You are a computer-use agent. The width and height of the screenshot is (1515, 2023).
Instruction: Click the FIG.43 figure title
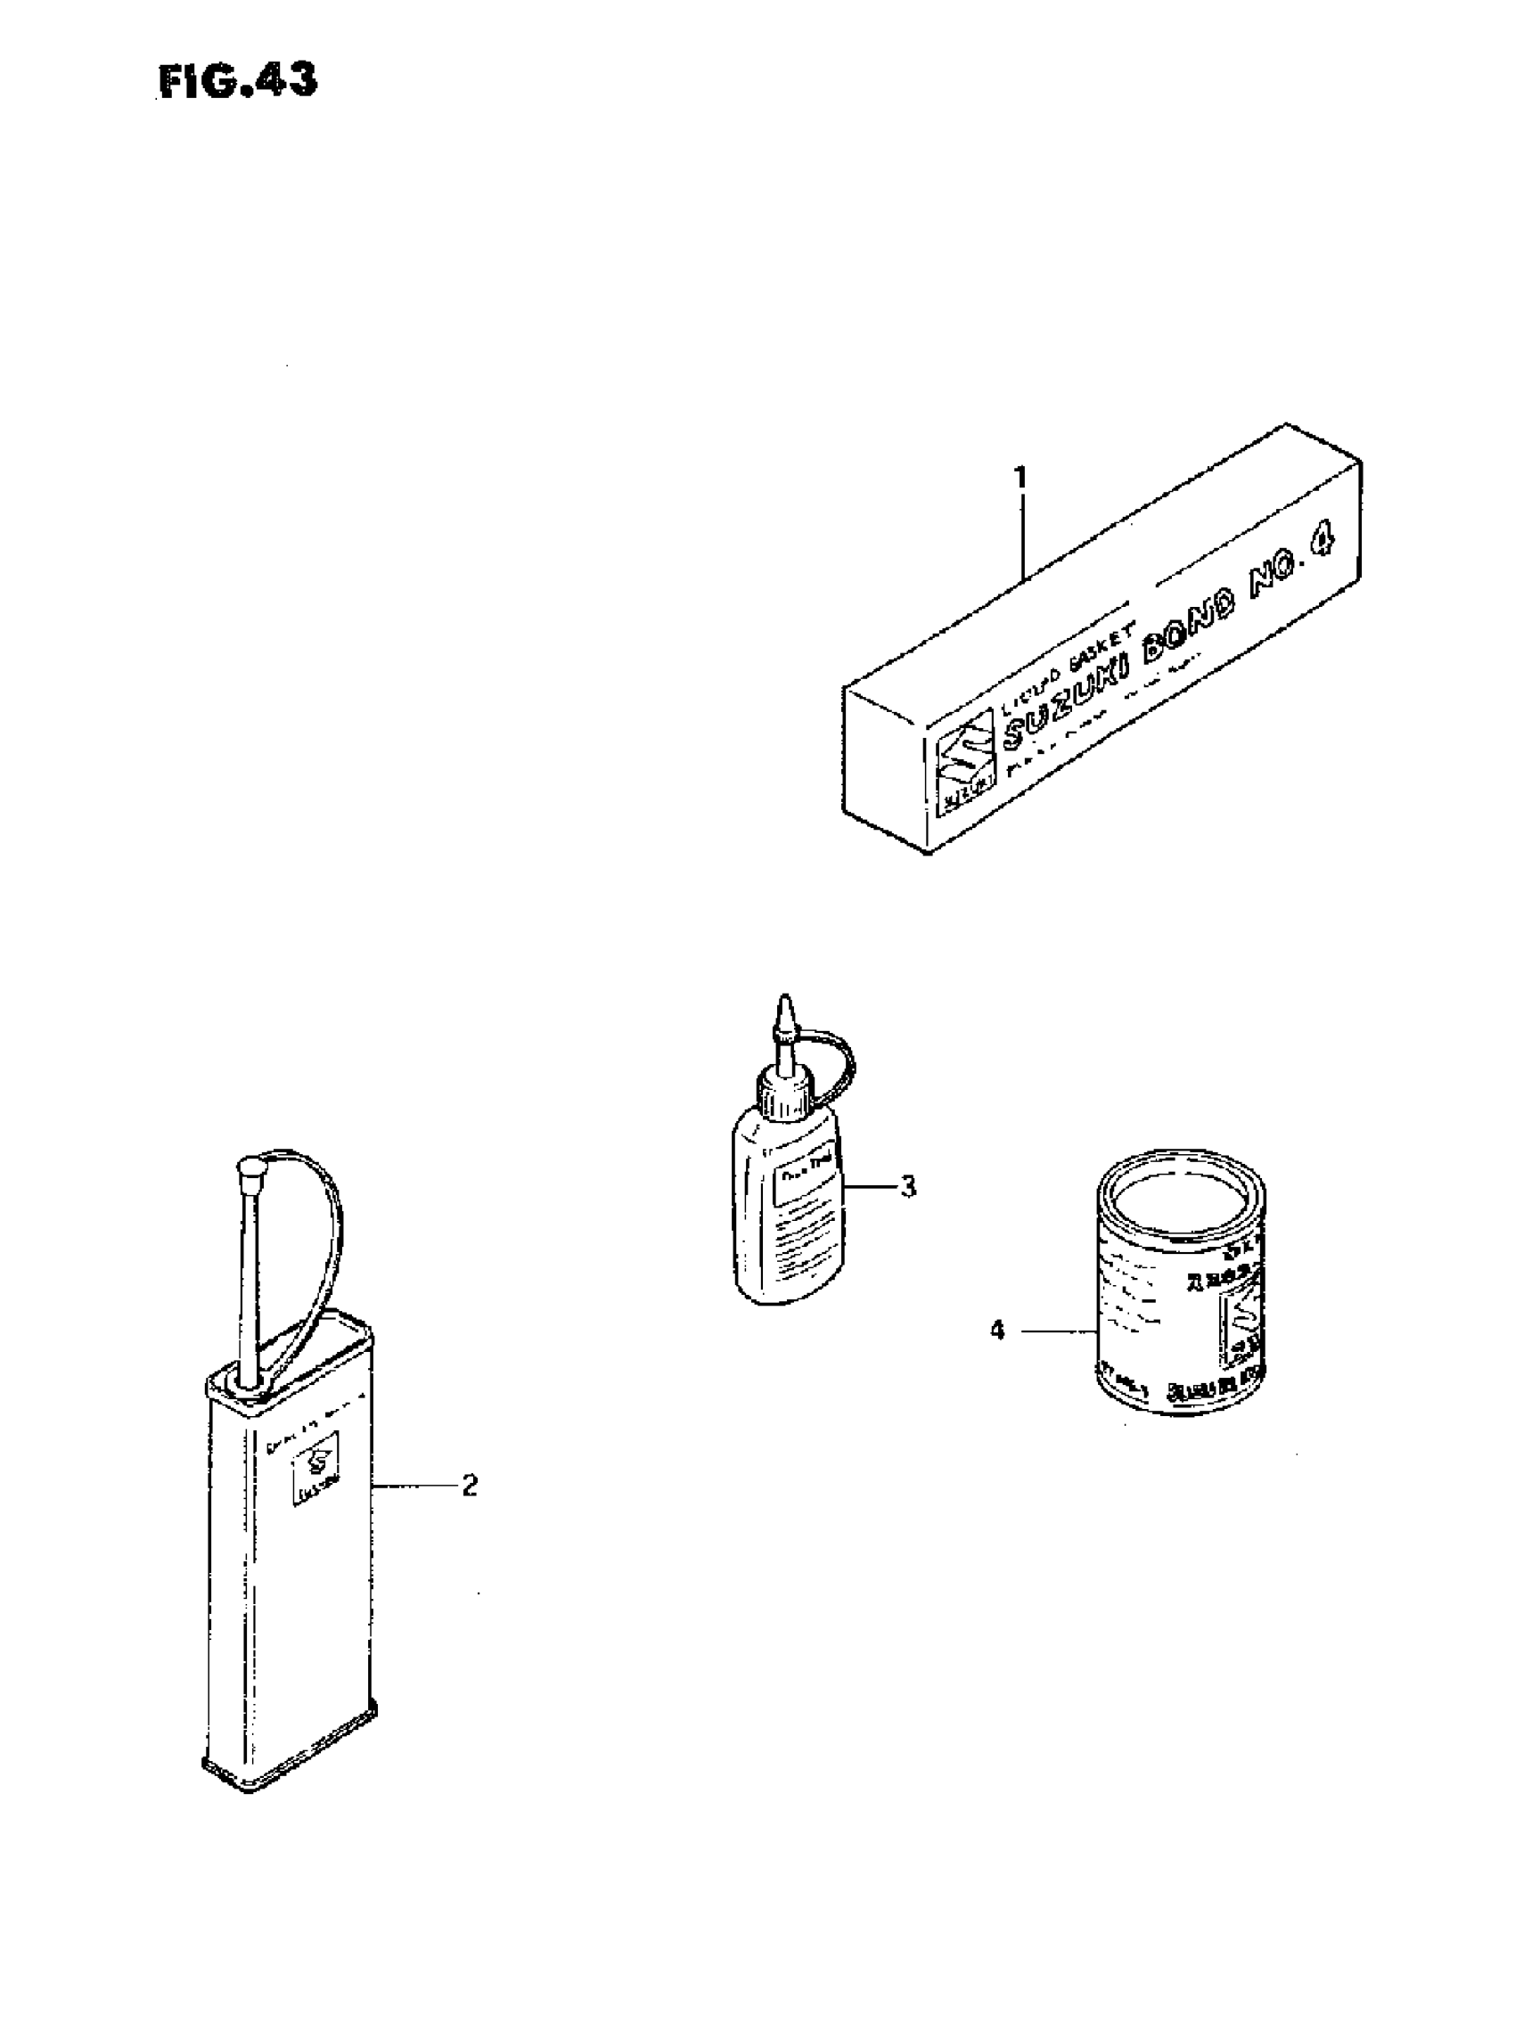click(x=238, y=81)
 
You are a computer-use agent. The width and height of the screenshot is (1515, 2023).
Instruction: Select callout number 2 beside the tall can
click(x=469, y=1487)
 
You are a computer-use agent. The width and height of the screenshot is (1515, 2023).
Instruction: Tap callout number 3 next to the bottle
click(x=907, y=1187)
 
